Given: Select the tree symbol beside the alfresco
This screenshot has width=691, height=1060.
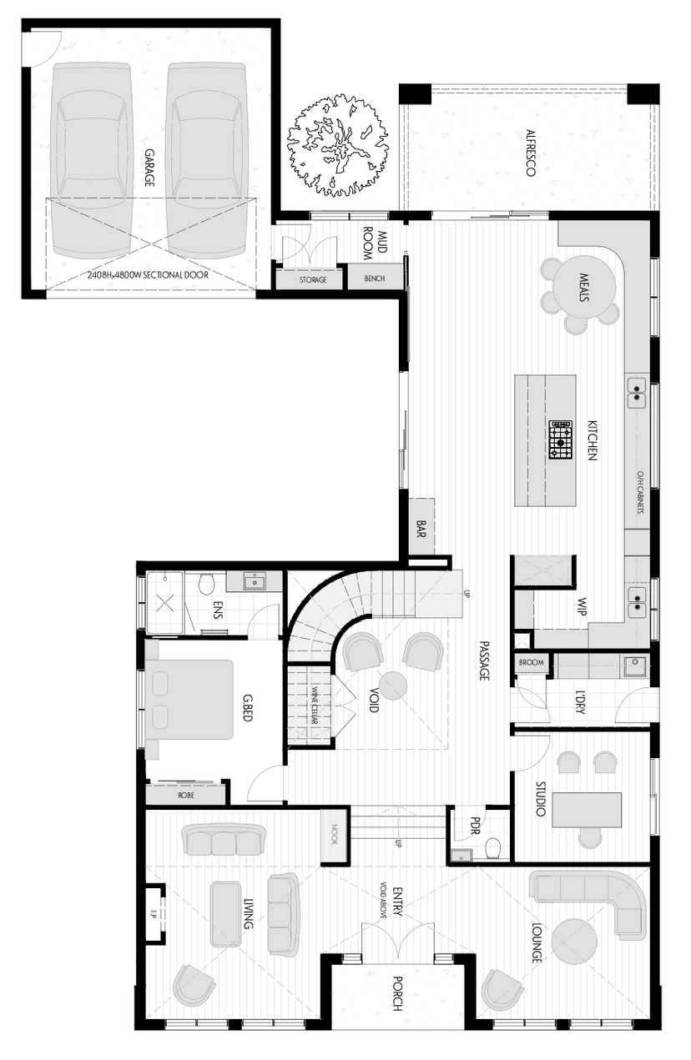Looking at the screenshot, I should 338,142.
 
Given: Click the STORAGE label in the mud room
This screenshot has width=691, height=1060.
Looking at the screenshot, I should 313,279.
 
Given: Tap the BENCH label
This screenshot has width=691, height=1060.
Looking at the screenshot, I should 375,279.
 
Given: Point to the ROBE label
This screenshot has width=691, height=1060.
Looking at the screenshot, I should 186,796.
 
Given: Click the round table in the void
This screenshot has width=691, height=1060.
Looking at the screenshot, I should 393,686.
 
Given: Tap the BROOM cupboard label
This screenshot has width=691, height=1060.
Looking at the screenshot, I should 531,663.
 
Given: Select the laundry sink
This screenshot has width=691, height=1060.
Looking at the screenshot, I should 635,666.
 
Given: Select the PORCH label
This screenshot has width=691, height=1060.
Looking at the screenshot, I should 397,994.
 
